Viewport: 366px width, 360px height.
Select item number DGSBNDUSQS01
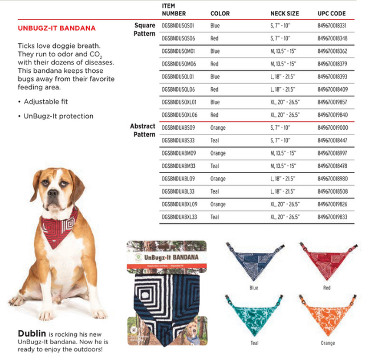[178, 26]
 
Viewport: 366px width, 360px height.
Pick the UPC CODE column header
[331, 13]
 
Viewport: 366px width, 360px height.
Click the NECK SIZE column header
[284, 13]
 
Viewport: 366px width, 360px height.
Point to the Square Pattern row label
[144, 30]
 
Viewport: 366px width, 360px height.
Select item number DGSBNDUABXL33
[180, 217]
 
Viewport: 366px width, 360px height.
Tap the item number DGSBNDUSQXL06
[180, 115]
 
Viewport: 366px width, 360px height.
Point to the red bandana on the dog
[60, 227]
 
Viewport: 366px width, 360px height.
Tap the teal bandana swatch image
[253, 316]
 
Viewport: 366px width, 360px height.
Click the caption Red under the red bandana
[326, 288]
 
